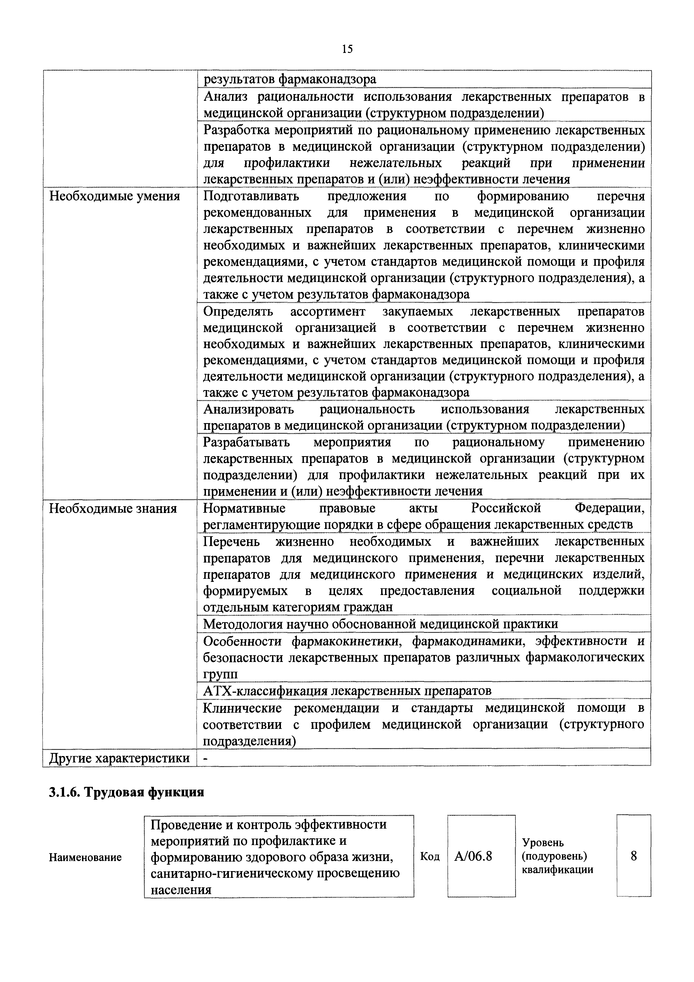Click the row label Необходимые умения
click(114, 196)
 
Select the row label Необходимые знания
click(113, 509)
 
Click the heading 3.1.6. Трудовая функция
click(126, 792)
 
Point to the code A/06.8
click(473, 856)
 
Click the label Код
click(430, 856)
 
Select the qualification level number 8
click(634, 856)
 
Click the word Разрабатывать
click(247, 442)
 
